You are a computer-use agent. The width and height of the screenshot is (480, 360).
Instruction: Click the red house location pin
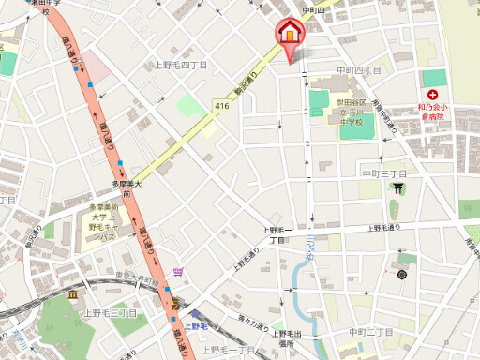[x=290, y=33]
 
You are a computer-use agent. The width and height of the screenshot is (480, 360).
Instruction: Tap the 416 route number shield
[x=221, y=107]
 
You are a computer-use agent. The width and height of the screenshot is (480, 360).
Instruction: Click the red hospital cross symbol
[x=432, y=96]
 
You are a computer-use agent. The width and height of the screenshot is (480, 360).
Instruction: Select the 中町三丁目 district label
[x=384, y=174]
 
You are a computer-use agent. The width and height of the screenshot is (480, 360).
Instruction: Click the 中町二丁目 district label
[x=370, y=332]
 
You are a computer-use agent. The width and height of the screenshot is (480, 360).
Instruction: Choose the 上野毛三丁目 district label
[x=110, y=313]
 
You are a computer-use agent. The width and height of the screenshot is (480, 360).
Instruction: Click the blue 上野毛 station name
[x=197, y=326]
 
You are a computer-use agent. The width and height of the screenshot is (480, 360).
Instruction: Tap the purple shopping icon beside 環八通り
[x=178, y=274]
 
